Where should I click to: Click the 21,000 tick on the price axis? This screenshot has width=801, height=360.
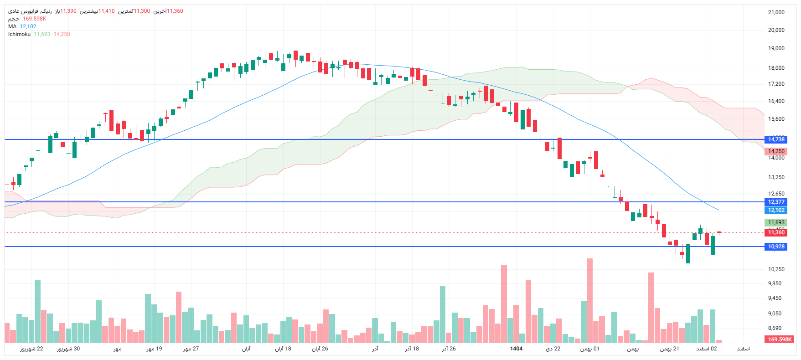(776, 12)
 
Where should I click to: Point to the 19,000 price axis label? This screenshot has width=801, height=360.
(776, 48)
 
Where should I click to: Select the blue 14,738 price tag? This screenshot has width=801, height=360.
(776, 139)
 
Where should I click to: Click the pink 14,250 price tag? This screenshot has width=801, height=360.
(776, 151)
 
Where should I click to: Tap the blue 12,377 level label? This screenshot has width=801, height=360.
(776, 202)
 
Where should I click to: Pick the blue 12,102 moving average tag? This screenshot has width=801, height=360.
(776, 210)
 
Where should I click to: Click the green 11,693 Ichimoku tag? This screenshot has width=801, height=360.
(776, 222)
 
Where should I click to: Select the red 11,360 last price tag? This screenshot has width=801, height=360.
(776, 232)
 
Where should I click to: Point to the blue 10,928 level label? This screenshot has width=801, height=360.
(776, 247)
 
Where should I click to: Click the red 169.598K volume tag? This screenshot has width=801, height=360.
(780, 339)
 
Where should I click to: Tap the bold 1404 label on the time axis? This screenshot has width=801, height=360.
(516, 349)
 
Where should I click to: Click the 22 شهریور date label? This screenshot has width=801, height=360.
(31, 349)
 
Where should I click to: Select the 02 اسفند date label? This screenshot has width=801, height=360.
(706, 349)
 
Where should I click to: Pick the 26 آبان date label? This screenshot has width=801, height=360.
(320, 349)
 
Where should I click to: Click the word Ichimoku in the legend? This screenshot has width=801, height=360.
(19, 34)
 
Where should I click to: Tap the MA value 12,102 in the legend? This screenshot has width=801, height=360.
(28, 26)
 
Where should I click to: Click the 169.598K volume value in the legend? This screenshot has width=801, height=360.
(34, 19)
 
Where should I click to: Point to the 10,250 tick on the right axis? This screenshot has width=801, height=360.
(776, 269)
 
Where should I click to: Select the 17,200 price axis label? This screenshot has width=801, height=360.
(776, 84)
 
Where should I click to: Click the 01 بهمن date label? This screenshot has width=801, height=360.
(589, 349)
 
